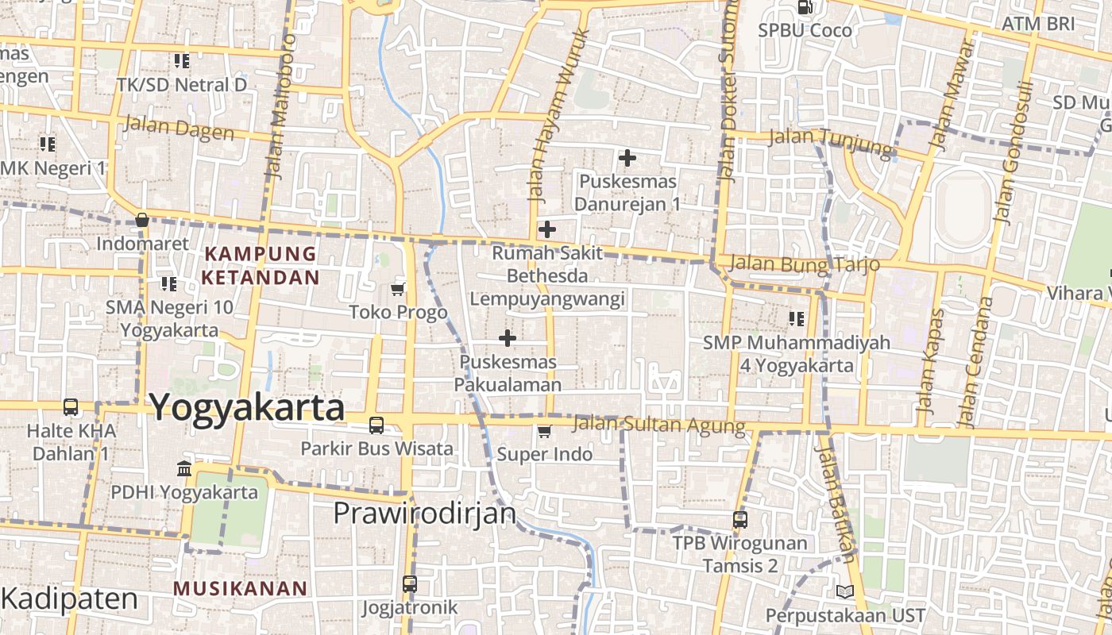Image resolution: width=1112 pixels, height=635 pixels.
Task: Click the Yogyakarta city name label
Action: tap(247, 408)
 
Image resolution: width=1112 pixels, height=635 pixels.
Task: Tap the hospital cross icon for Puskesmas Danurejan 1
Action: tap(627, 158)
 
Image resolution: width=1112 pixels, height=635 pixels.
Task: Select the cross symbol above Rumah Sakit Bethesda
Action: tap(547, 229)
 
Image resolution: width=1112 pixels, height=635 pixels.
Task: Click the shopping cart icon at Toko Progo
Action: tap(398, 289)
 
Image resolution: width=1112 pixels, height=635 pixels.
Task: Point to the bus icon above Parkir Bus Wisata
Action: tap(376, 425)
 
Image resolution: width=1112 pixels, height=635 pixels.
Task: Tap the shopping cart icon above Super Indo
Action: tap(544, 431)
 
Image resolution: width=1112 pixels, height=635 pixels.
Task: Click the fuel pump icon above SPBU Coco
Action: tap(805, 8)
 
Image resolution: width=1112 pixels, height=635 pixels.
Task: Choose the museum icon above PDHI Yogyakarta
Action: tap(184, 469)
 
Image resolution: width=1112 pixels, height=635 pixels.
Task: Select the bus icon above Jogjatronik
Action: tap(410, 584)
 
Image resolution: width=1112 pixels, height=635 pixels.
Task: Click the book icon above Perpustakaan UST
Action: tap(844, 591)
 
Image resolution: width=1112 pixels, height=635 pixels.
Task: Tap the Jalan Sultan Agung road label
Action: tap(658, 425)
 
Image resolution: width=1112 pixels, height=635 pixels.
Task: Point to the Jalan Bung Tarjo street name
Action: tap(804, 263)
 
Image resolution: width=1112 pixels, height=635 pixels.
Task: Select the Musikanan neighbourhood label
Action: tap(240, 588)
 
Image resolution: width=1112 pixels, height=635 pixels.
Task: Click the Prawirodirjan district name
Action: tap(425, 514)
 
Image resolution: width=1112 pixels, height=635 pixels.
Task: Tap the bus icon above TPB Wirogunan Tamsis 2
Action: tap(739, 520)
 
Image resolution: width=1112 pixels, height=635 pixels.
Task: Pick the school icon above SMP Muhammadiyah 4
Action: tap(797, 319)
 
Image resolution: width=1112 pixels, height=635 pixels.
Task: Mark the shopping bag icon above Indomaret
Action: tap(142, 220)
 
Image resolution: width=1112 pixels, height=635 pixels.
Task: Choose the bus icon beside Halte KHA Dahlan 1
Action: tap(71, 407)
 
